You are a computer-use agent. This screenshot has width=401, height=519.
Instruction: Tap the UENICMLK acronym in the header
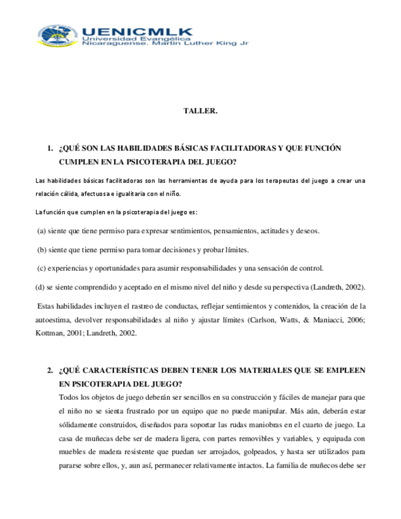[x=136, y=32]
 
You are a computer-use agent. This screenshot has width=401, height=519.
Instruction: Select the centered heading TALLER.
[x=200, y=111]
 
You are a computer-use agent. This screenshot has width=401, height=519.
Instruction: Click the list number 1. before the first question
[x=50, y=149]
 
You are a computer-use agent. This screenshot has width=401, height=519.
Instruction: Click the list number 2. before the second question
[x=50, y=372]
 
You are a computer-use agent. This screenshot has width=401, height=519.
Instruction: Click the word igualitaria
[x=120, y=194]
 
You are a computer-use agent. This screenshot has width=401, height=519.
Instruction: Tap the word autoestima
[x=55, y=320]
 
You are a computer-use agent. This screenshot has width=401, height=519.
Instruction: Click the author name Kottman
[x=52, y=334]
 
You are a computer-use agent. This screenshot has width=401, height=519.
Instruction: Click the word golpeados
[x=259, y=452]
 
